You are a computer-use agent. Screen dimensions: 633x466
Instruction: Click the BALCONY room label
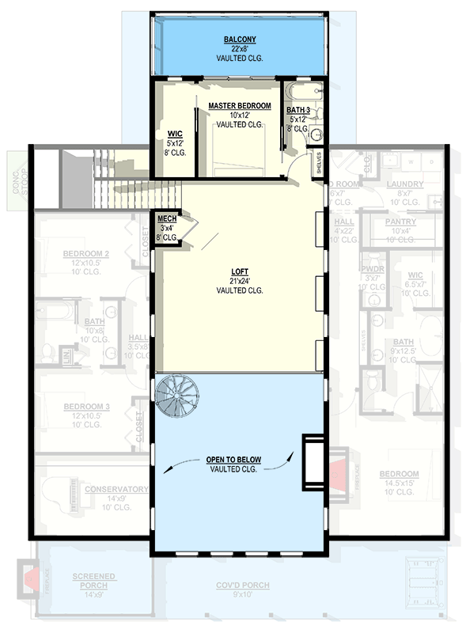pos(239,39)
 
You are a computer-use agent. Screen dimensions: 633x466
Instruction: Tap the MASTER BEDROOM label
pos(239,105)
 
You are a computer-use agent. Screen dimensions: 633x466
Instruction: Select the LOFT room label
pos(239,271)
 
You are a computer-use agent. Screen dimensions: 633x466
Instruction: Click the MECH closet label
pos(166,219)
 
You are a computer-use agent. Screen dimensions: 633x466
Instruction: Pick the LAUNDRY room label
pos(405,184)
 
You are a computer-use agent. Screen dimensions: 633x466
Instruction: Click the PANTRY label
pos(400,222)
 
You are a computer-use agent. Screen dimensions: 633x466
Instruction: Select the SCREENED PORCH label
pos(93,581)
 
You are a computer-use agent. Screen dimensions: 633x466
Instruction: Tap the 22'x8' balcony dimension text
pos(239,48)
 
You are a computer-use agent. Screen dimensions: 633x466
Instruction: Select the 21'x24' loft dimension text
pos(239,281)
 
